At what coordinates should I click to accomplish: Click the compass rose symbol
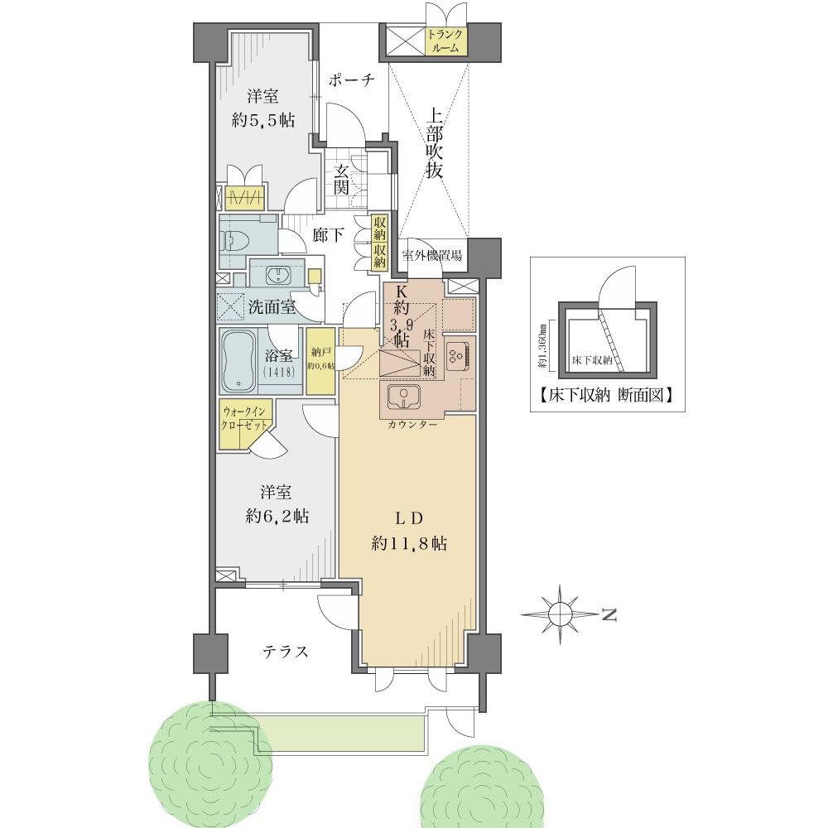(561, 614)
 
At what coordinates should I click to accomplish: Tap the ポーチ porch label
(352, 80)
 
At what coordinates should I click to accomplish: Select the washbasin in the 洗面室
(276, 275)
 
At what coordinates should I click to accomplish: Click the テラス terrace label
(286, 652)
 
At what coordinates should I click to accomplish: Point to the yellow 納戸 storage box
(318, 361)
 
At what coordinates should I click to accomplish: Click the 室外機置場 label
(432, 255)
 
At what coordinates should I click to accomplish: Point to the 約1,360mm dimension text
(543, 345)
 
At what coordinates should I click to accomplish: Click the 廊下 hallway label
(329, 235)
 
